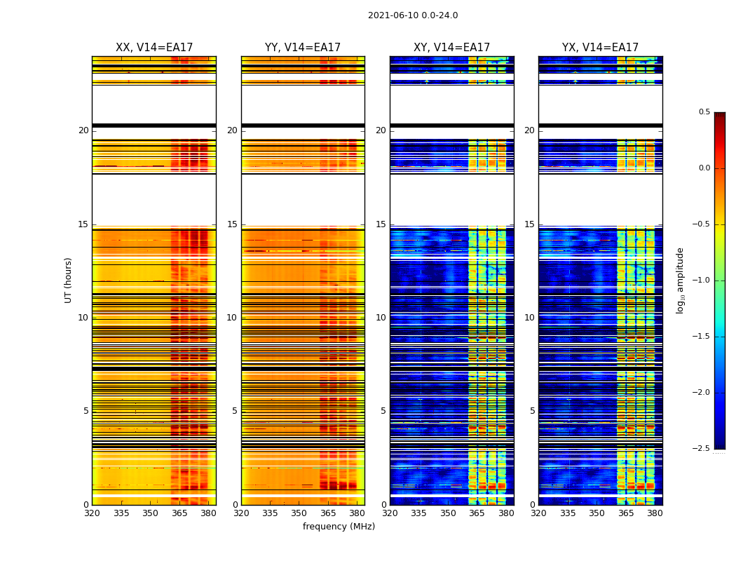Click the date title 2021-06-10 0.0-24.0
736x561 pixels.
click(x=412, y=15)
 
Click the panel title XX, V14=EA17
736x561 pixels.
click(x=154, y=48)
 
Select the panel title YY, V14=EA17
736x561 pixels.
click(x=303, y=48)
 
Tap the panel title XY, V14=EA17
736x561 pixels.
click(x=451, y=48)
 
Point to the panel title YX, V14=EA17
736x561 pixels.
click(x=600, y=48)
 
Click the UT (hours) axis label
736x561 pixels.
click(x=69, y=280)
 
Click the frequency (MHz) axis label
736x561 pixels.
click(x=339, y=527)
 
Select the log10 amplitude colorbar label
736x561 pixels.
click(x=680, y=280)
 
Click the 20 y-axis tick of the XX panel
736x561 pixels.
click(x=83, y=130)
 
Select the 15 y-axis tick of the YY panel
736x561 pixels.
click(x=232, y=224)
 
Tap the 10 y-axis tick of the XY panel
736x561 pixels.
click(x=381, y=318)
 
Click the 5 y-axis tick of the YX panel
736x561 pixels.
click(x=532, y=411)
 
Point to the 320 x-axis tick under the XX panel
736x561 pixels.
click(x=92, y=513)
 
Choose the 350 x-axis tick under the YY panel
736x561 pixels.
click(x=299, y=513)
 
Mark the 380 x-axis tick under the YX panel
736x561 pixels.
click(x=655, y=513)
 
